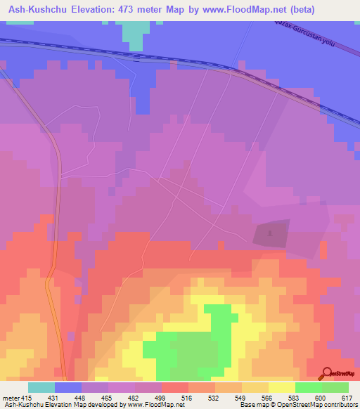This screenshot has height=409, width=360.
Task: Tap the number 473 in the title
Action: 132,10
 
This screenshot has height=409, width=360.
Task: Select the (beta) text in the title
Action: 299,10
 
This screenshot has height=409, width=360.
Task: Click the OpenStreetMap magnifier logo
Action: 326,373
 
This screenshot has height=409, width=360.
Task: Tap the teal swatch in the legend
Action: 41,387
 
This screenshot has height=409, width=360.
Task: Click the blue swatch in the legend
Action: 67,387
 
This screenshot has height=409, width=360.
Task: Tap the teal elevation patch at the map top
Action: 135,32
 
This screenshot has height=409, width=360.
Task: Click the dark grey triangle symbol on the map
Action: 271,231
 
